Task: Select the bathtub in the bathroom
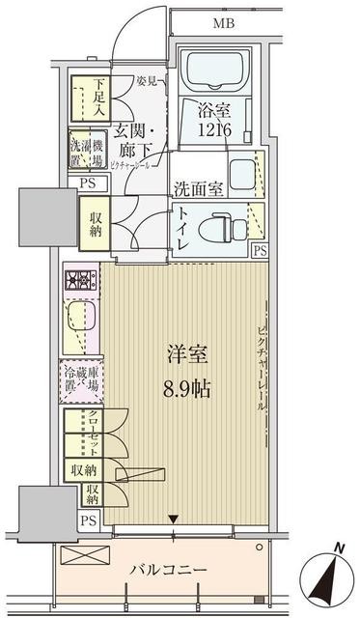click(x=217, y=71)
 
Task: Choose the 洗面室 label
click(x=199, y=188)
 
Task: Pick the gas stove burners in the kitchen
click(x=79, y=282)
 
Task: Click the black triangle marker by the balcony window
click(x=173, y=520)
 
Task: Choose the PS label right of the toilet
click(x=259, y=250)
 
